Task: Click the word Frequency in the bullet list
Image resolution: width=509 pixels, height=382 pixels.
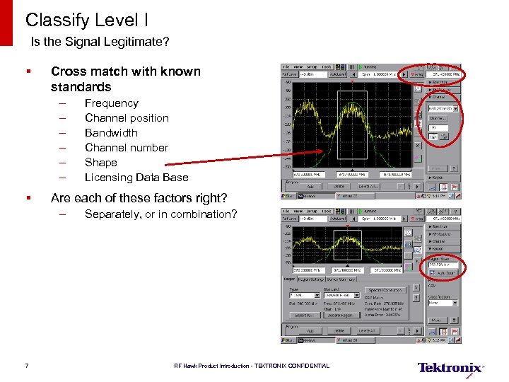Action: coord(111,103)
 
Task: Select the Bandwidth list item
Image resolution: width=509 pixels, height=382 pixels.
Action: coord(111,133)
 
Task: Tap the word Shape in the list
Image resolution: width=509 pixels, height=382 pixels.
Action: coord(100,163)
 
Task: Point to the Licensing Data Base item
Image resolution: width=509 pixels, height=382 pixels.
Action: coord(136,178)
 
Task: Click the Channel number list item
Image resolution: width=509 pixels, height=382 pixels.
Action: coord(126,148)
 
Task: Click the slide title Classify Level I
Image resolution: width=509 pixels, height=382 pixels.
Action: coord(87,19)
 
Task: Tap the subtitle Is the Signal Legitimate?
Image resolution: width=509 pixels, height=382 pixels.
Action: coord(100,42)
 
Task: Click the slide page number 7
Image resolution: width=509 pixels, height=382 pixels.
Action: coord(26,366)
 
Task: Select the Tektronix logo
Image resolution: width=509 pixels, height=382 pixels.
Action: coord(450,367)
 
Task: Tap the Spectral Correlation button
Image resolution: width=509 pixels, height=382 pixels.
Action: coord(385,291)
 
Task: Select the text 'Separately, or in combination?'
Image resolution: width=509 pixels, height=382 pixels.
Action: coord(160,214)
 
